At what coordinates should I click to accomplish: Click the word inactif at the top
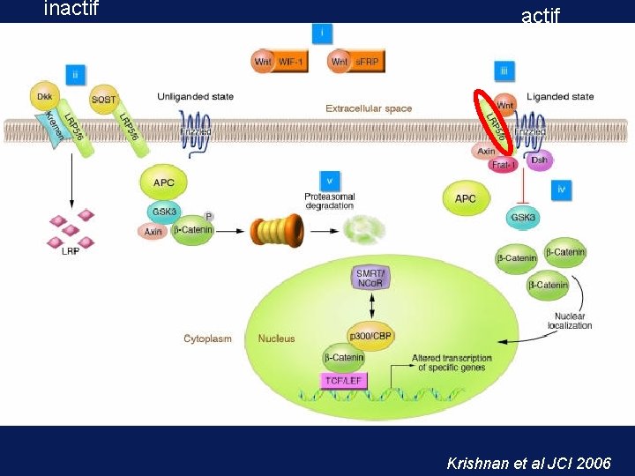click(71, 10)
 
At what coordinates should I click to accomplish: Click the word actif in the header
click(541, 15)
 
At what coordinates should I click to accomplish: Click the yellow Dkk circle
click(45, 95)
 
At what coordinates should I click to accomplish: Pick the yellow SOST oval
click(104, 99)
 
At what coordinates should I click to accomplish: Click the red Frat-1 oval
click(504, 165)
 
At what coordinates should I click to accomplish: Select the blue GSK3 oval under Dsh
click(524, 217)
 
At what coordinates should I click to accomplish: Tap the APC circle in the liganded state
click(466, 198)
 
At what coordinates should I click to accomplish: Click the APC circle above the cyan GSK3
click(164, 182)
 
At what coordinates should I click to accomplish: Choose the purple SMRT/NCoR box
click(371, 279)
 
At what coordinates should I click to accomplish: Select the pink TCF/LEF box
click(344, 381)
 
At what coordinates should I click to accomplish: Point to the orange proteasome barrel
click(277, 232)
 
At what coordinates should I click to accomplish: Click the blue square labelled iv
click(562, 189)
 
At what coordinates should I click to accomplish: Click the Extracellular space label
click(369, 108)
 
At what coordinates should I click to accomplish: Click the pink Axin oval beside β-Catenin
click(153, 231)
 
